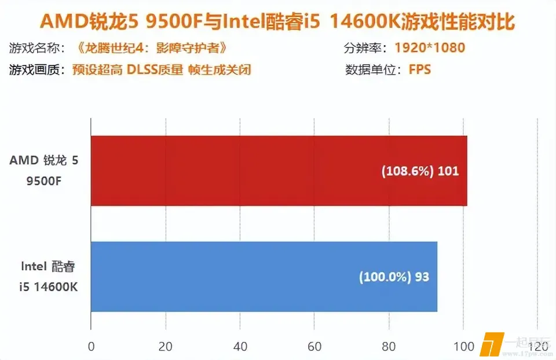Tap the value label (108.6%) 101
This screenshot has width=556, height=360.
click(419, 171)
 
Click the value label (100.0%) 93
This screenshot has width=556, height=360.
click(394, 277)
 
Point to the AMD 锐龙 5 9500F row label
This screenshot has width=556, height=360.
click(43, 171)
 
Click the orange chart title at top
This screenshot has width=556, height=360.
click(277, 22)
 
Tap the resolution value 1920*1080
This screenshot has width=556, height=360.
click(430, 47)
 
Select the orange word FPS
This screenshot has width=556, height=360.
click(420, 70)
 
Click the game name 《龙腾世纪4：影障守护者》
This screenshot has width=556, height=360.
click(150, 47)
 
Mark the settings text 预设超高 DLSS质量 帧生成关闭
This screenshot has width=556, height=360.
click(162, 70)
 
